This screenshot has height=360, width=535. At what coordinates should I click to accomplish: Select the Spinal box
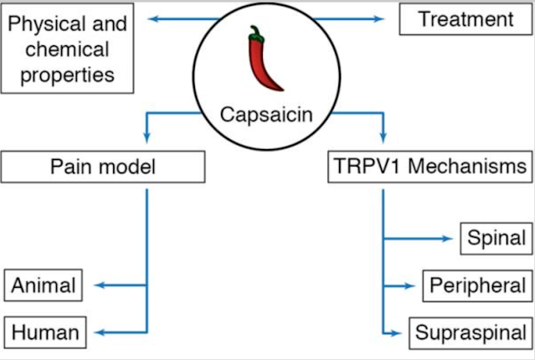click(x=496, y=239)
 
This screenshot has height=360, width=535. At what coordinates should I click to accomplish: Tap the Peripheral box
click(x=477, y=285)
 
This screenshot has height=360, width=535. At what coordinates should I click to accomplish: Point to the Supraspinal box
click(x=471, y=332)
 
